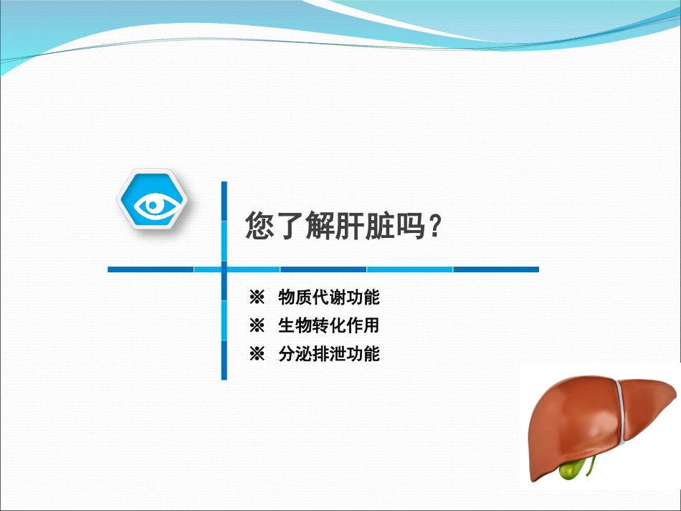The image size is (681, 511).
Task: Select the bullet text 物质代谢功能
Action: tap(329, 297)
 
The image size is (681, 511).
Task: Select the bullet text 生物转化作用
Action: tap(329, 325)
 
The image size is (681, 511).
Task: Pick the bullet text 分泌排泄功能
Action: tap(329, 353)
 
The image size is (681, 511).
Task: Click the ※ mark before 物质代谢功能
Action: tap(257, 297)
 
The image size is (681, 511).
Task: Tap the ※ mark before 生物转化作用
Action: tap(257, 325)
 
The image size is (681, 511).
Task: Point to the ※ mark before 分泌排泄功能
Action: tap(257, 353)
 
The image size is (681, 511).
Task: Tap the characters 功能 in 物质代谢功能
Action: tap(363, 297)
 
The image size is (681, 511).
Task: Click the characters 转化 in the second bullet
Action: tap(329, 325)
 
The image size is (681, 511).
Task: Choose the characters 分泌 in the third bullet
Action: tap(295, 353)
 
